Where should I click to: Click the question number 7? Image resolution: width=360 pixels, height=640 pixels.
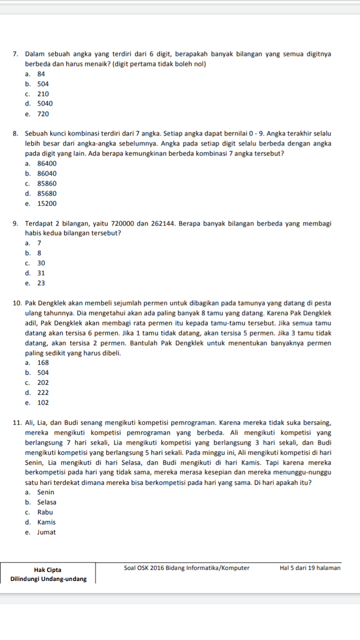click(x=15, y=54)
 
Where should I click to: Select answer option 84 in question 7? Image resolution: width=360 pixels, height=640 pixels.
click(x=41, y=74)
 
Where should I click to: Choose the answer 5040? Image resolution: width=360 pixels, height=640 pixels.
click(x=45, y=104)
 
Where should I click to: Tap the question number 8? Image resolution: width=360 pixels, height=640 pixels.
click(x=15, y=133)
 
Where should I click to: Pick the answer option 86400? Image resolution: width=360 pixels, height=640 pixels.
click(x=47, y=163)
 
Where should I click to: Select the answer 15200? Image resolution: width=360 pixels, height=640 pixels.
click(x=47, y=203)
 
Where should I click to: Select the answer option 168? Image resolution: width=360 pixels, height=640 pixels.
click(x=43, y=363)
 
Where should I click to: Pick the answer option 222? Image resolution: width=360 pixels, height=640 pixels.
click(x=43, y=393)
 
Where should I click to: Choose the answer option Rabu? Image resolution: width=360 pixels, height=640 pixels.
click(x=45, y=512)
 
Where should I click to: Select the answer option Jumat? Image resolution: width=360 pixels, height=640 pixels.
click(x=46, y=532)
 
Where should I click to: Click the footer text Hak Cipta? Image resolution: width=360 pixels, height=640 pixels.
click(x=48, y=569)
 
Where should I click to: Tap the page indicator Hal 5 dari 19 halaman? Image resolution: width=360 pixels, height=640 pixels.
click(x=310, y=568)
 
